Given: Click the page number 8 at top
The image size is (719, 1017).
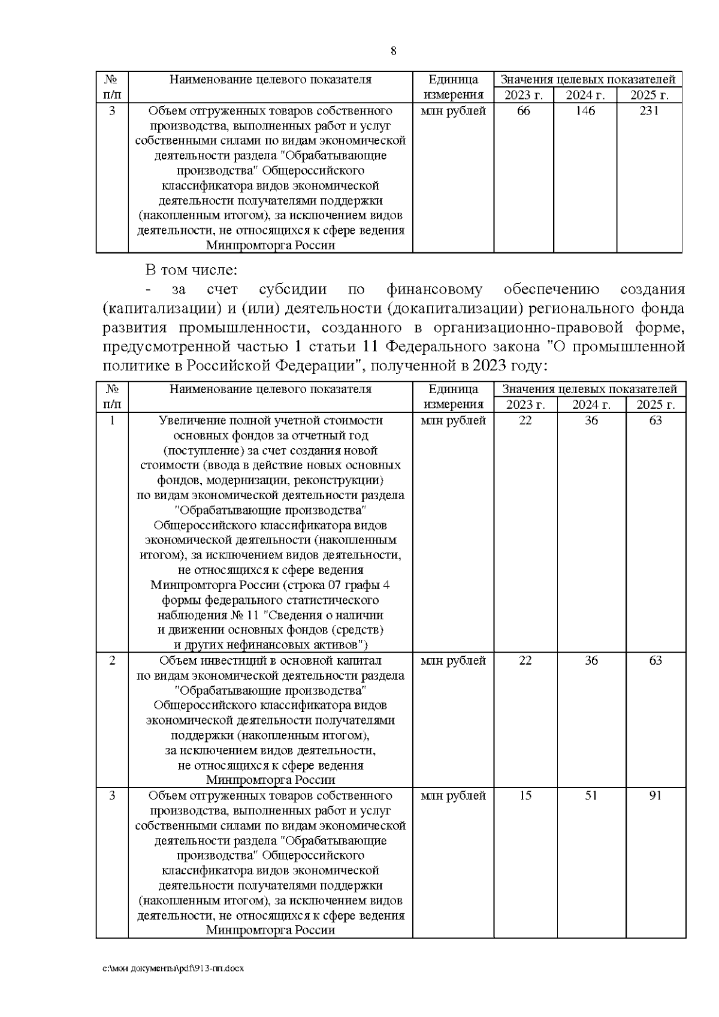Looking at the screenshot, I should [393, 50].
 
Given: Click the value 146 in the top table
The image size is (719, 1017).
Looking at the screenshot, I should [585, 111].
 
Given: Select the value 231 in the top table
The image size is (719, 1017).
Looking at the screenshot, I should [649, 111].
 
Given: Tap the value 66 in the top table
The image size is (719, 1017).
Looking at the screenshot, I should [523, 111].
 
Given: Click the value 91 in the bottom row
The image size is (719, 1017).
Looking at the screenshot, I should [655, 795].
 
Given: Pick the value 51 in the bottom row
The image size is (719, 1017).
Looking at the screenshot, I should [591, 795].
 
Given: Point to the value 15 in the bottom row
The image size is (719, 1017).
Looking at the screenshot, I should [525, 795].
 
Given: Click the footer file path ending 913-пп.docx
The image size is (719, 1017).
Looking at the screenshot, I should [173, 968].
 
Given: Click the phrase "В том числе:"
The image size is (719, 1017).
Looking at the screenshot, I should [191, 270].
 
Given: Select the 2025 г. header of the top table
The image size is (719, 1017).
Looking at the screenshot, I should [649, 95].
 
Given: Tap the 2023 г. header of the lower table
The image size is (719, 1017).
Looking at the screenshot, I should [525, 405].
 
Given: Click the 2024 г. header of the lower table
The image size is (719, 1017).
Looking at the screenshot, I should [591, 405].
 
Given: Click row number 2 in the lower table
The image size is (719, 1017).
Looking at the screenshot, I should [112, 660].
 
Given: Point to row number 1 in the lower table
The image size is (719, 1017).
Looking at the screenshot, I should [112, 420].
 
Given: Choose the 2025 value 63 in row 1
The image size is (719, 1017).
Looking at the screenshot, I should [655, 420].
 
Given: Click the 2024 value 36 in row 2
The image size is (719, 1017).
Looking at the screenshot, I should [591, 660].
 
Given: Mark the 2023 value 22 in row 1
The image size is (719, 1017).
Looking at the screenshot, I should [525, 420].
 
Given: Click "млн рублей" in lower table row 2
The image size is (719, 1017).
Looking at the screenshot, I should [453, 660].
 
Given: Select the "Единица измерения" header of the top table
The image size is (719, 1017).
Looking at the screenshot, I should [453, 87].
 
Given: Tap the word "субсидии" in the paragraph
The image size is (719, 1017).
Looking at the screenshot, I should [292, 290].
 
